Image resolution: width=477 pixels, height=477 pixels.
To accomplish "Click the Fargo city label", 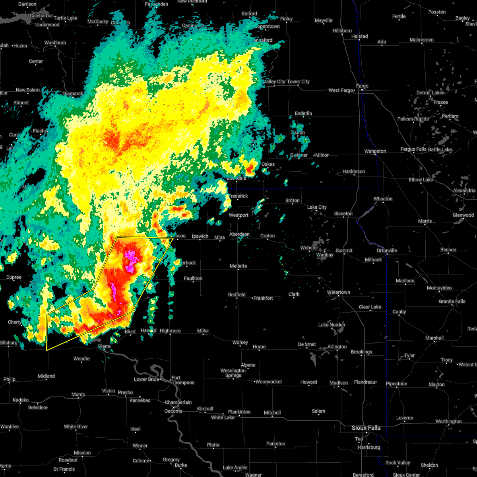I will [x=362, y=86].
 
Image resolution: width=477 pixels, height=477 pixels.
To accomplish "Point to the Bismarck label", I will [x=73, y=94].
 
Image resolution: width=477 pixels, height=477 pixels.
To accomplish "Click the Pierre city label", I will [x=104, y=346].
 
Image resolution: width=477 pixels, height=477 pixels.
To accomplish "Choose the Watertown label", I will [x=338, y=293].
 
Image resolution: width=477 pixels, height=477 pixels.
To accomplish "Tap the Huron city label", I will [x=259, y=347].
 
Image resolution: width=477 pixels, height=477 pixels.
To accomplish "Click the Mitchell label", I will [x=272, y=413].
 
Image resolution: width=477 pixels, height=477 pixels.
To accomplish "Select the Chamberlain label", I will [x=178, y=402].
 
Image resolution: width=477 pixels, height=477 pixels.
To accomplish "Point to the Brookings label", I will [x=361, y=352].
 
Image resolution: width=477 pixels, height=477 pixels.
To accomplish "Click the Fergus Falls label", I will [x=413, y=149].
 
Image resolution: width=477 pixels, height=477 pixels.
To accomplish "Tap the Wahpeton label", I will [x=375, y=151].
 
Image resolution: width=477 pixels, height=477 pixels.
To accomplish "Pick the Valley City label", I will [x=275, y=81].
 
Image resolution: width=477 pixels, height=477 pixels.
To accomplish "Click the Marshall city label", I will [x=434, y=338].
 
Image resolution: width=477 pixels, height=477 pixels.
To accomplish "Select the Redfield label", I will [x=237, y=295].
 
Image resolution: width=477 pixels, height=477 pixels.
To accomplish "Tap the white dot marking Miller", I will [x=203, y=335].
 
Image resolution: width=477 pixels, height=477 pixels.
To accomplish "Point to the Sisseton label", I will [x=343, y=213].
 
